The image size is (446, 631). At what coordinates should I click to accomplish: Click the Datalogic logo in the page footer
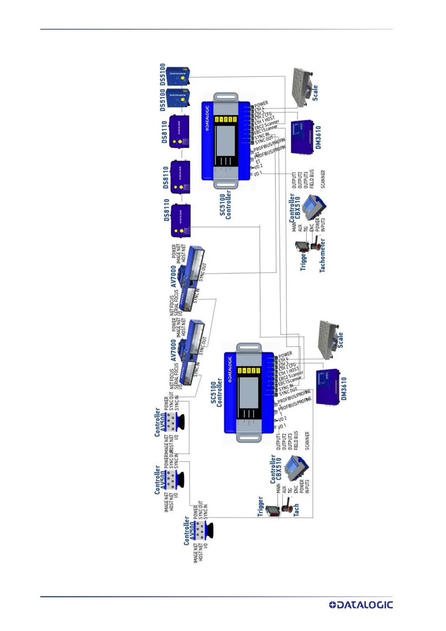(361, 605)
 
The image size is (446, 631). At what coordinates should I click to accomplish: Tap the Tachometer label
(322, 256)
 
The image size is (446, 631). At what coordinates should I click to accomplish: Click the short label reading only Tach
(296, 510)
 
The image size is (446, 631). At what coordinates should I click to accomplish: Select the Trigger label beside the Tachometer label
(304, 262)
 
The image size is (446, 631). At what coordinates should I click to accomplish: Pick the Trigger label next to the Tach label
(261, 507)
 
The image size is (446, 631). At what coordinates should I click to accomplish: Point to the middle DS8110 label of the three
(166, 178)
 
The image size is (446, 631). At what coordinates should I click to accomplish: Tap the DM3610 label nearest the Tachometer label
(318, 137)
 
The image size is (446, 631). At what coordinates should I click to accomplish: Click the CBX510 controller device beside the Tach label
(297, 468)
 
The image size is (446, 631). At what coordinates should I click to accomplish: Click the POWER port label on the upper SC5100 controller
(261, 104)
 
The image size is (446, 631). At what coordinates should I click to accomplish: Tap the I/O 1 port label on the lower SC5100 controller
(282, 426)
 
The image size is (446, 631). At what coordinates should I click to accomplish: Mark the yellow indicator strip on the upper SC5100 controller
(225, 120)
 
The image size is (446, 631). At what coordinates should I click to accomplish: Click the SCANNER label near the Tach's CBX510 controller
(307, 441)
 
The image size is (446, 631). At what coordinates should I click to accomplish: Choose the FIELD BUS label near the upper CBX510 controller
(312, 179)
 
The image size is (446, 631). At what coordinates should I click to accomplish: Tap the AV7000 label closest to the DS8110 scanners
(173, 277)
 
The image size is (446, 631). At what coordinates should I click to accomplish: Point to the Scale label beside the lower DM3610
(340, 340)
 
